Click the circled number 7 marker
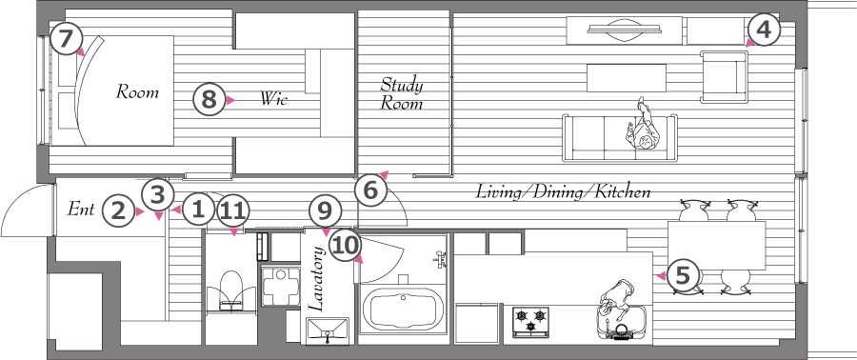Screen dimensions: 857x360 click(x=65, y=40)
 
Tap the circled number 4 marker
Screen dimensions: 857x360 click(x=764, y=31)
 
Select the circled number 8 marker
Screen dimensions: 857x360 click(x=209, y=100)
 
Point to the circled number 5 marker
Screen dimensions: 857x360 click(x=683, y=276)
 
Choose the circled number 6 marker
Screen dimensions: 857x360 click(x=370, y=190)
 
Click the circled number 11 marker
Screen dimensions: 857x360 click(x=233, y=210)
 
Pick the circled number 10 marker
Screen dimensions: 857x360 click(x=346, y=246)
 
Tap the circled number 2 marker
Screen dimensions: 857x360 click(x=119, y=211)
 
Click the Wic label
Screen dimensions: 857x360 click(x=272, y=99)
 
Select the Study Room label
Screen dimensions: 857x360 click(x=402, y=94)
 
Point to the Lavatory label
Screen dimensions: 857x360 click(x=316, y=279)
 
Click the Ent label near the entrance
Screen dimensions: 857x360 click(x=81, y=209)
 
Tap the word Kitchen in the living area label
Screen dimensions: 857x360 click(x=623, y=192)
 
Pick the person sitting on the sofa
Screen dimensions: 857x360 click(x=645, y=128)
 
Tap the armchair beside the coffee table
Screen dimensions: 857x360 click(x=724, y=76)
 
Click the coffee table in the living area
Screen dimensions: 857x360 click(x=627, y=78)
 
